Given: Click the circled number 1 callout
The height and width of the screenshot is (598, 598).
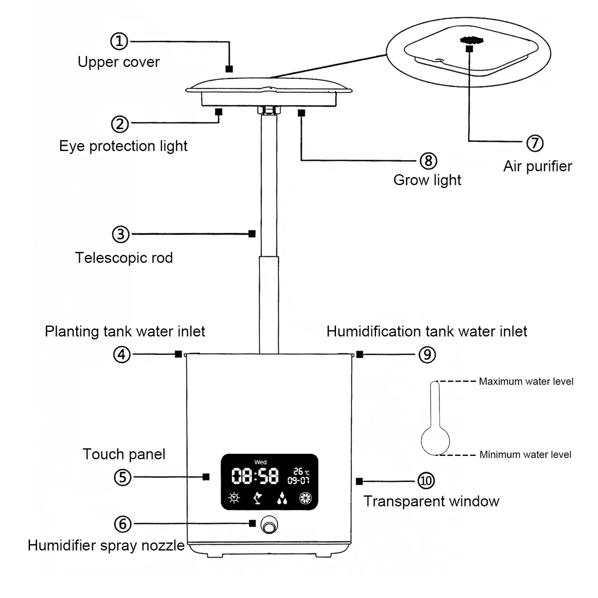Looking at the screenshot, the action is (x=119, y=41).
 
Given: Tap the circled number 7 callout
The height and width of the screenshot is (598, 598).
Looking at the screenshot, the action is (x=534, y=143).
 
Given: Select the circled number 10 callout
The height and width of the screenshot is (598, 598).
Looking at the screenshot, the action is (x=426, y=481).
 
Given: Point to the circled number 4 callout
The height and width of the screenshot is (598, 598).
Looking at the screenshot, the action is (x=122, y=354).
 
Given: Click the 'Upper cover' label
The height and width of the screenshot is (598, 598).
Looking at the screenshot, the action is (x=118, y=62).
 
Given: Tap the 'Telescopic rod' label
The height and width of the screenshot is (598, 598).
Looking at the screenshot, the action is (x=124, y=258).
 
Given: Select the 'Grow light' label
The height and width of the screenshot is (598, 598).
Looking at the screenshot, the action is (x=427, y=180).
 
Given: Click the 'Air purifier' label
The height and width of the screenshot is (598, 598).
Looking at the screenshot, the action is (x=537, y=166).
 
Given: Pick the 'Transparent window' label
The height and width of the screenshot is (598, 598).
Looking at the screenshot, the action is (x=431, y=501).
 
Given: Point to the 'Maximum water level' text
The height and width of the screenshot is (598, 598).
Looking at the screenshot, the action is (x=526, y=381).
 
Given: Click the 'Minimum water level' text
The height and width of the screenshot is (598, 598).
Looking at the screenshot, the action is (x=525, y=454).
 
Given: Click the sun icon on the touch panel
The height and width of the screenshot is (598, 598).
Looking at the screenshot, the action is (x=234, y=497).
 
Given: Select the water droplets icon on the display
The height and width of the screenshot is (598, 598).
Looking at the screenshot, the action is (x=282, y=498).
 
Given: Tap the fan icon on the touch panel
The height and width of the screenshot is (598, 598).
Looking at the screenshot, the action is (x=305, y=498).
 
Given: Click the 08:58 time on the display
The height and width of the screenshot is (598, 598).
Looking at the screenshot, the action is (x=255, y=476).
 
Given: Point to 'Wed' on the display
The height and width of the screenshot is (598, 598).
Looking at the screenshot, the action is (x=261, y=462).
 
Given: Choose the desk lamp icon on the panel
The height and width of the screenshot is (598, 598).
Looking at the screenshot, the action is (x=258, y=498).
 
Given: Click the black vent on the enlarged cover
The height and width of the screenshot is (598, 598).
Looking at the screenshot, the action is (x=472, y=40).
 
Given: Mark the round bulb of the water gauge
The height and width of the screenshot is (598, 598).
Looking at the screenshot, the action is (x=435, y=441).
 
